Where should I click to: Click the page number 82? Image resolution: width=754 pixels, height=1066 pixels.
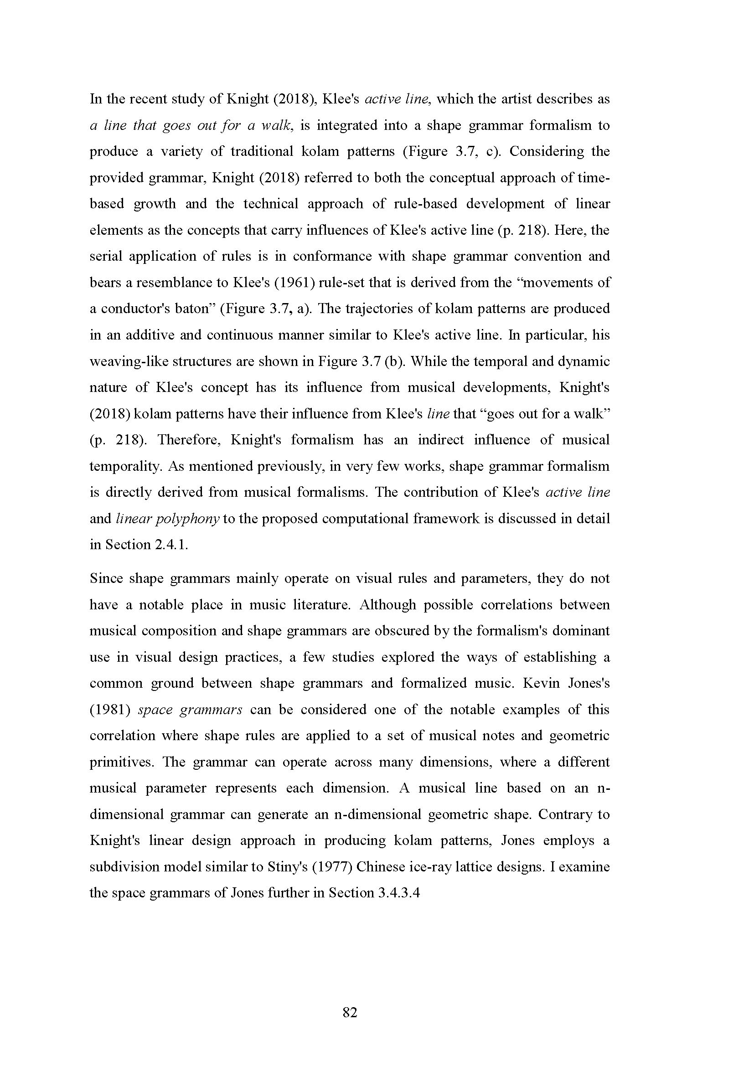click(x=350, y=1012)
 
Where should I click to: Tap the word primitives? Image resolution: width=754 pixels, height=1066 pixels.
click(x=120, y=762)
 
